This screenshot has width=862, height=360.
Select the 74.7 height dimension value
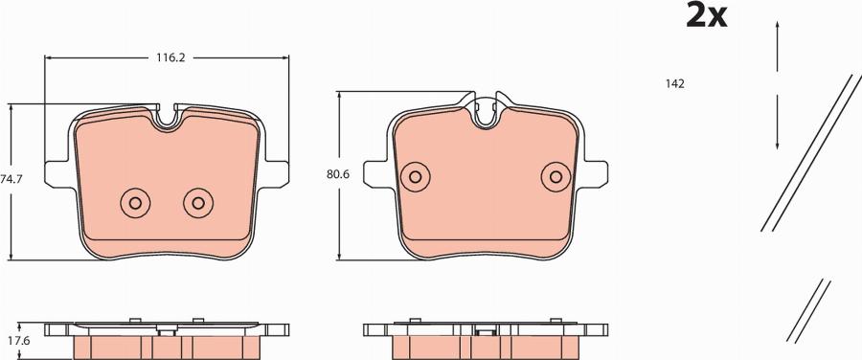(x=11, y=179)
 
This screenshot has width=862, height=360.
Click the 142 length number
(x=674, y=84)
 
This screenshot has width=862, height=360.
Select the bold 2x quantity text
(x=708, y=16)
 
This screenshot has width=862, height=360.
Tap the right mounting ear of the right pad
(x=596, y=171)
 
